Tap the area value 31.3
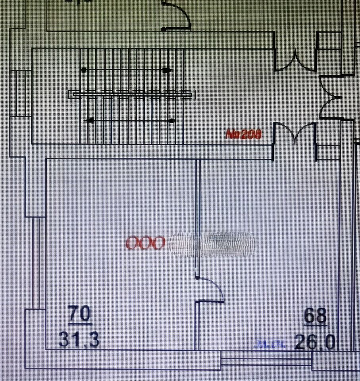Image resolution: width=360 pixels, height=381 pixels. (x=79, y=340)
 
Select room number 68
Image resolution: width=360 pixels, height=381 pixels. (x=315, y=316)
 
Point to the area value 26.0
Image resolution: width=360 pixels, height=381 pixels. (x=315, y=342)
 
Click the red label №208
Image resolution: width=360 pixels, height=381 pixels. (x=244, y=135)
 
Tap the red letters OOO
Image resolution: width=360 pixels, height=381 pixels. (x=145, y=243)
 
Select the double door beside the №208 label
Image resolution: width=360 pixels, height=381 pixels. (x=294, y=134)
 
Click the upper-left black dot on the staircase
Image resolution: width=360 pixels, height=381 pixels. (x=84, y=70)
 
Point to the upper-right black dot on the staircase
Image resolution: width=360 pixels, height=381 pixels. (x=166, y=70)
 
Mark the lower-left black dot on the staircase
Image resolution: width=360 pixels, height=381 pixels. (x=90, y=119)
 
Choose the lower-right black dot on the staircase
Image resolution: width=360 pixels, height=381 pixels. (x=171, y=119)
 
